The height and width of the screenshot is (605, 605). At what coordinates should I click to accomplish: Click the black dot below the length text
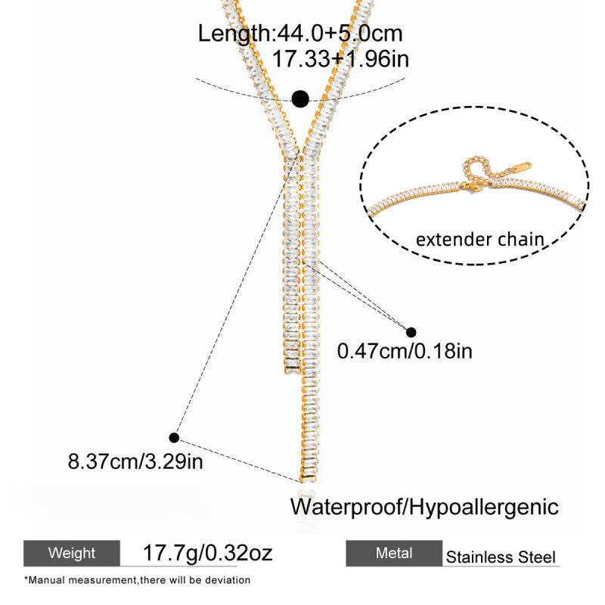[x=300, y=99]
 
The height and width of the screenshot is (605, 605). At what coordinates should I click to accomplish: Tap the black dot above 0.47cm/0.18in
[x=411, y=332]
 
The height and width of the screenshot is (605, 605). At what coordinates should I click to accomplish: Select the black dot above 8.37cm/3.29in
[x=174, y=438]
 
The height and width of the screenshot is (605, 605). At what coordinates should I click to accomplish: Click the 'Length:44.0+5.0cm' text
[x=300, y=33]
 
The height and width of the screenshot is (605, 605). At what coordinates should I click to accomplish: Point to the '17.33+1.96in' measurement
[x=341, y=59]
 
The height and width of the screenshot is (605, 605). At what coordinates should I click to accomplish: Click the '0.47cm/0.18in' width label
[x=405, y=351]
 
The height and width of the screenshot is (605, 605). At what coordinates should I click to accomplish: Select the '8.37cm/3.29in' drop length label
[x=135, y=461]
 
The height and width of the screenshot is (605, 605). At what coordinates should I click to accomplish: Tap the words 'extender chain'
[x=480, y=239]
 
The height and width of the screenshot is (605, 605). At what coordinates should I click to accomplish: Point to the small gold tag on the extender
[x=521, y=168]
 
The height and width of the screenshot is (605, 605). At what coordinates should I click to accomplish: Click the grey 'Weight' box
[x=72, y=553]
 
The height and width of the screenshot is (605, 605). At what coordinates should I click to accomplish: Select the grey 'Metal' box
[x=394, y=553]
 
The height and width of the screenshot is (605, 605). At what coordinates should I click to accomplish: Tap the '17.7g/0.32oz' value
[x=207, y=553]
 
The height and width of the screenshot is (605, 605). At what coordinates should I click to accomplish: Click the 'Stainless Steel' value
[x=501, y=557]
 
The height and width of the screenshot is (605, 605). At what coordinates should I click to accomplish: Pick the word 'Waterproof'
[x=346, y=507]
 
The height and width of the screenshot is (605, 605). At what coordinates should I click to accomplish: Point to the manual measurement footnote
[x=138, y=580]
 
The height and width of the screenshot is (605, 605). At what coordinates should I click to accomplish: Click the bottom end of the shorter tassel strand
[x=292, y=373]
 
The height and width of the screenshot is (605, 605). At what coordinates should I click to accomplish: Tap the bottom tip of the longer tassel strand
[x=309, y=482]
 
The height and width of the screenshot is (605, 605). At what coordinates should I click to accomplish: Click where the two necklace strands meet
[x=301, y=153]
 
